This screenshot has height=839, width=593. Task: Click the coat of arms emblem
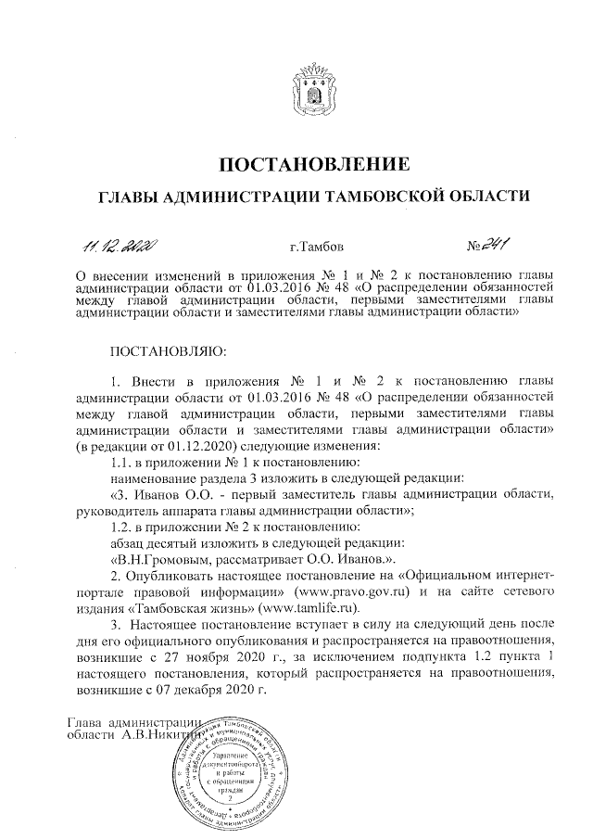coord(312,83)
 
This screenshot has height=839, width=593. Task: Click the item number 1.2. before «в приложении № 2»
coord(124,525)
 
